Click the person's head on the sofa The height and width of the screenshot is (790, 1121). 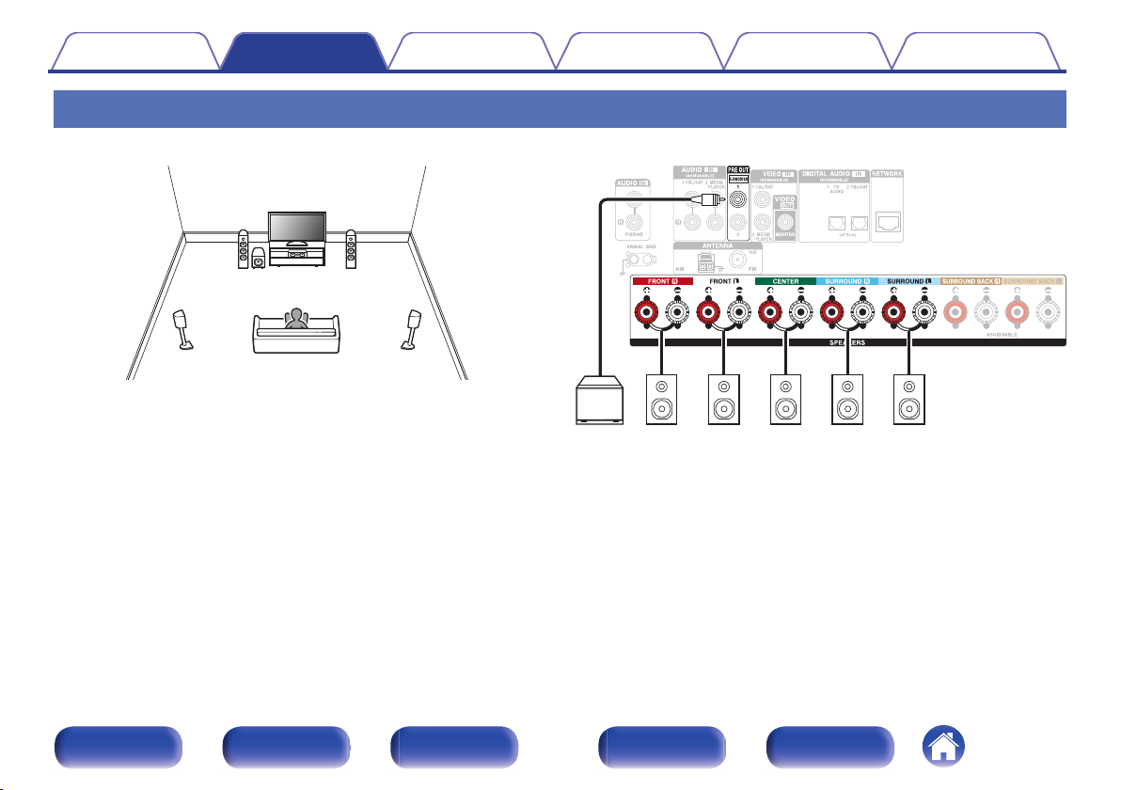point(297,316)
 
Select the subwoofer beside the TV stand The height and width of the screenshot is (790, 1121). point(258,258)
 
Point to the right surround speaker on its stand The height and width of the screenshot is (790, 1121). point(412,328)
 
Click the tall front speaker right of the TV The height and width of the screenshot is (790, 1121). point(351,249)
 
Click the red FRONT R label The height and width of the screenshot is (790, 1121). point(661,280)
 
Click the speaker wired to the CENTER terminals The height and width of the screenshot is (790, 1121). point(783,400)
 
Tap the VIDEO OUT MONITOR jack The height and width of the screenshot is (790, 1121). point(783,224)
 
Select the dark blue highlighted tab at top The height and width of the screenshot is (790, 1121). point(303,53)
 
